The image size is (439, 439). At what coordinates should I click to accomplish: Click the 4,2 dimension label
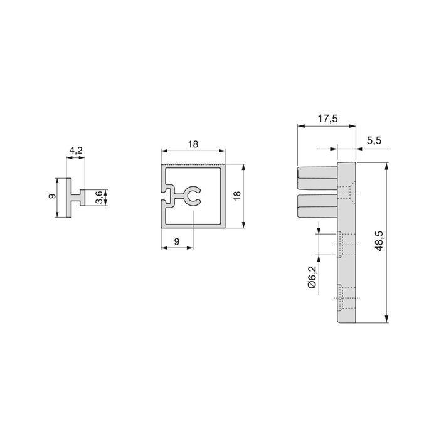(x=75, y=150)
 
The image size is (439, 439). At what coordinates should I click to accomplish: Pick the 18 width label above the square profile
(x=193, y=144)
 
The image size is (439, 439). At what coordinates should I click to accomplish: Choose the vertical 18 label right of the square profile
(x=236, y=196)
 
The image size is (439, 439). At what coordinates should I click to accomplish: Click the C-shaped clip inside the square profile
(x=193, y=197)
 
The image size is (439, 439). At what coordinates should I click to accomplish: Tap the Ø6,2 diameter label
(x=312, y=277)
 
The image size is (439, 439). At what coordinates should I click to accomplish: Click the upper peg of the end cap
(x=317, y=179)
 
